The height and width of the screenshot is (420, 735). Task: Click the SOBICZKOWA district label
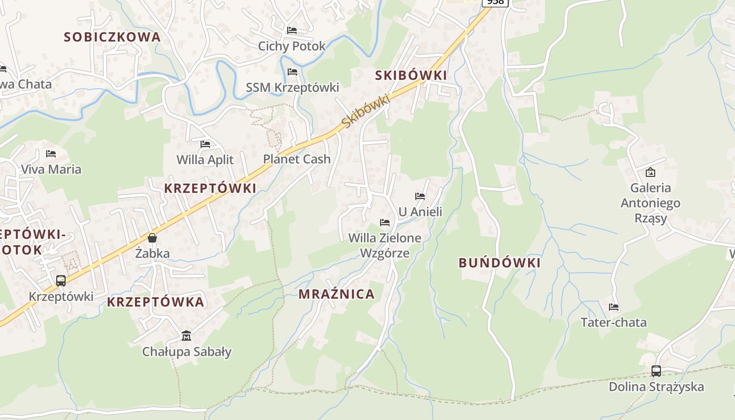pyautogui.click(x=112, y=37)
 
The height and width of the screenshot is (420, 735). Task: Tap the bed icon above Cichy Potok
pyautogui.click(x=292, y=30)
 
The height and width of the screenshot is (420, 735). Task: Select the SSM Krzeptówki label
pyautogui.click(x=292, y=87)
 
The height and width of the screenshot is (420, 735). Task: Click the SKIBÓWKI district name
pyautogui.click(x=411, y=76)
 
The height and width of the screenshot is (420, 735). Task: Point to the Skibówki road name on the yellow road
pyautogui.click(x=365, y=111)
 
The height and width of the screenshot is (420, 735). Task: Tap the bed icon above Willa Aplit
pyautogui.click(x=205, y=144)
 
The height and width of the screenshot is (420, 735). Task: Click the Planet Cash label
pyautogui.click(x=297, y=159)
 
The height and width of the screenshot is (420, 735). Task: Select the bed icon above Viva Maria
pyautogui.click(x=51, y=154)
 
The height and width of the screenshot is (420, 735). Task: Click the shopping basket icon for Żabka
pyautogui.click(x=152, y=238)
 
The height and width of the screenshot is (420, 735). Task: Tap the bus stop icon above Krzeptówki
pyautogui.click(x=61, y=281)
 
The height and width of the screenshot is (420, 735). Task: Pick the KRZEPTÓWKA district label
pyautogui.click(x=155, y=302)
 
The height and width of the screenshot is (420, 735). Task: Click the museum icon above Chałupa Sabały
pyautogui.click(x=186, y=335)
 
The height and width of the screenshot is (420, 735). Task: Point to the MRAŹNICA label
pyautogui.click(x=337, y=294)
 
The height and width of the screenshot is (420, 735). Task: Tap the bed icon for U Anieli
pyautogui.click(x=420, y=196)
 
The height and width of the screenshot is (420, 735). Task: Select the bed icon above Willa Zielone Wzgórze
pyautogui.click(x=385, y=223)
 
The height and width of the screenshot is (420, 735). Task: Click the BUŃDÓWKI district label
pyautogui.click(x=499, y=263)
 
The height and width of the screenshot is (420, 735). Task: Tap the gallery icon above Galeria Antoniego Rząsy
pyautogui.click(x=650, y=172)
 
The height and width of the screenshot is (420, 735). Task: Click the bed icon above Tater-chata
pyautogui.click(x=613, y=307)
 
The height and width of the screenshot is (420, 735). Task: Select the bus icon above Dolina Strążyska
pyautogui.click(x=656, y=371)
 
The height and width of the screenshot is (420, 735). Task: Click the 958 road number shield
pyautogui.click(x=495, y=2)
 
